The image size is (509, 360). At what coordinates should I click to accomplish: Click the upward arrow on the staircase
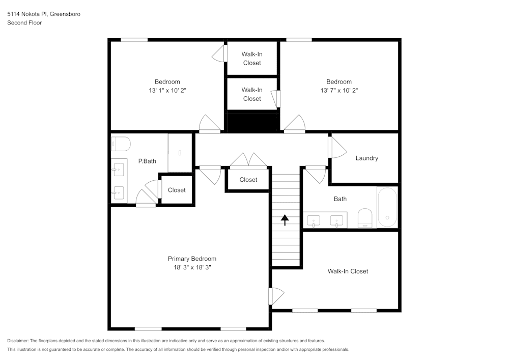(x=285, y=219)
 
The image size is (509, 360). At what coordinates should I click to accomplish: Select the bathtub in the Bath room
(x=387, y=207)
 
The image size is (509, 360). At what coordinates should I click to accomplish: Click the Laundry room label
(x=366, y=158)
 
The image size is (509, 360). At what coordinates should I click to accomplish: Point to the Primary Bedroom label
(x=192, y=259)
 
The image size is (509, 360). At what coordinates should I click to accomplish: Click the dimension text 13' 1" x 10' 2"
(x=167, y=91)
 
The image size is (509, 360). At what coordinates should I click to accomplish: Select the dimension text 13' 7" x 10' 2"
(x=338, y=91)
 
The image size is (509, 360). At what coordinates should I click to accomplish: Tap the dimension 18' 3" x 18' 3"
(x=192, y=267)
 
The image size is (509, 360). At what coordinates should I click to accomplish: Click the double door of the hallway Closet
(x=248, y=160)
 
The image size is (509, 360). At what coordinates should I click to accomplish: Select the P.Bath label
(x=147, y=161)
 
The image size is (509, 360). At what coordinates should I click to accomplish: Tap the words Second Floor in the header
(x=24, y=23)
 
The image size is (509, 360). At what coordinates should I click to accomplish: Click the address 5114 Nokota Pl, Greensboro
(x=44, y=14)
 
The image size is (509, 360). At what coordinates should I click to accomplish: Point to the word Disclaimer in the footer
(x=18, y=341)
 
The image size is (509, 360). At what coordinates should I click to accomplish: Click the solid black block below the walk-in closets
(x=252, y=122)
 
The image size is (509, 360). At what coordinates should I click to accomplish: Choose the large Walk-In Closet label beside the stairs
(x=348, y=271)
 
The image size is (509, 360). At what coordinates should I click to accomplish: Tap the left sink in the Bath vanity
(x=314, y=220)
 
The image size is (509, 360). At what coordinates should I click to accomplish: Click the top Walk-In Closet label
(x=252, y=58)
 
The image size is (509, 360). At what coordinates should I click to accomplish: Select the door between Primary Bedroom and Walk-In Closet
(x=276, y=296)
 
